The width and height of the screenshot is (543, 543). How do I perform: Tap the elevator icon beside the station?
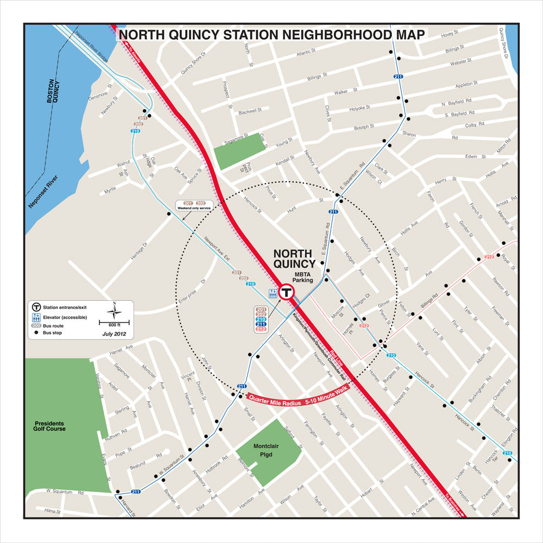tap(273, 294)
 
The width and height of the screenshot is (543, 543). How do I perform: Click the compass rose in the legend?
tap(114, 312)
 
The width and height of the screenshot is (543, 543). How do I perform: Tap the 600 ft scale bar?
tap(114, 324)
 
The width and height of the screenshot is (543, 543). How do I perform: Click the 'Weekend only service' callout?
tap(194, 205)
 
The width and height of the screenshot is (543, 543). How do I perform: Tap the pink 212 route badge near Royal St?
tap(489, 256)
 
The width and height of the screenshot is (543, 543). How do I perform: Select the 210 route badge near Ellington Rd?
tap(507, 453)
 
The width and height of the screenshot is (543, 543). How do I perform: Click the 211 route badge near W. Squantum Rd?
tap(136, 491)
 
